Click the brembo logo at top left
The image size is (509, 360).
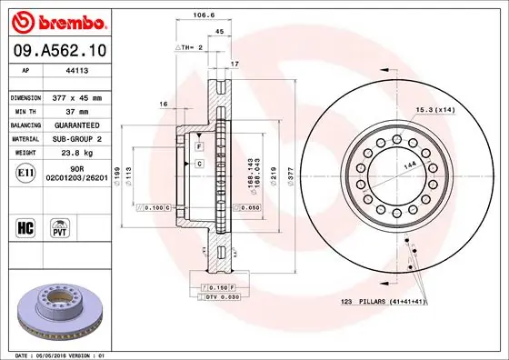[56, 20]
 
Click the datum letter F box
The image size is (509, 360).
[197, 145]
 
